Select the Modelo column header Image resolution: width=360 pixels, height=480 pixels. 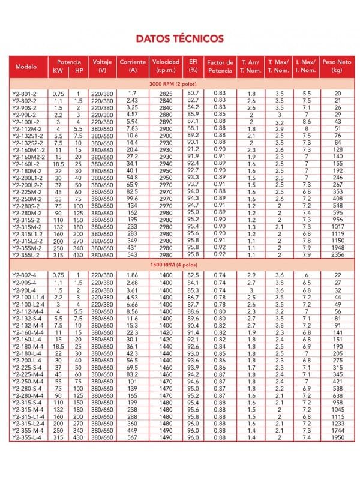[27, 66]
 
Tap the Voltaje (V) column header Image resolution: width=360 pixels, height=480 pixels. [102, 66]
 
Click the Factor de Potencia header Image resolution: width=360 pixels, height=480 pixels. [219, 66]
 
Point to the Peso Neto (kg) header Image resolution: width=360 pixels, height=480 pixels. [337, 66]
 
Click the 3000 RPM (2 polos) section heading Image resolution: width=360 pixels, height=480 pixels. [180, 83]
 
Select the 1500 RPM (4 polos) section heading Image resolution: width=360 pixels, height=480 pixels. [180, 264]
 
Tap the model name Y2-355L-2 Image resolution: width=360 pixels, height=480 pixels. [26, 254]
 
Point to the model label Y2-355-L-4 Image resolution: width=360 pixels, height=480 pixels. [26, 439]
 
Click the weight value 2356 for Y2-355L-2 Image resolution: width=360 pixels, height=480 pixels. [337, 254]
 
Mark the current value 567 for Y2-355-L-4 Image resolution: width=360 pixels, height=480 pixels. [133, 439]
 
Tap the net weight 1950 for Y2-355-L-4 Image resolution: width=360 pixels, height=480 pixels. [337, 439]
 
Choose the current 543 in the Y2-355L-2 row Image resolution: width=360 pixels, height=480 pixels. [133, 254]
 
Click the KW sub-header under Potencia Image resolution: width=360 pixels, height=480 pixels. [58, 70]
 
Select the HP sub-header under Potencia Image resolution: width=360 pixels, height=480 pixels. [79, 70]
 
